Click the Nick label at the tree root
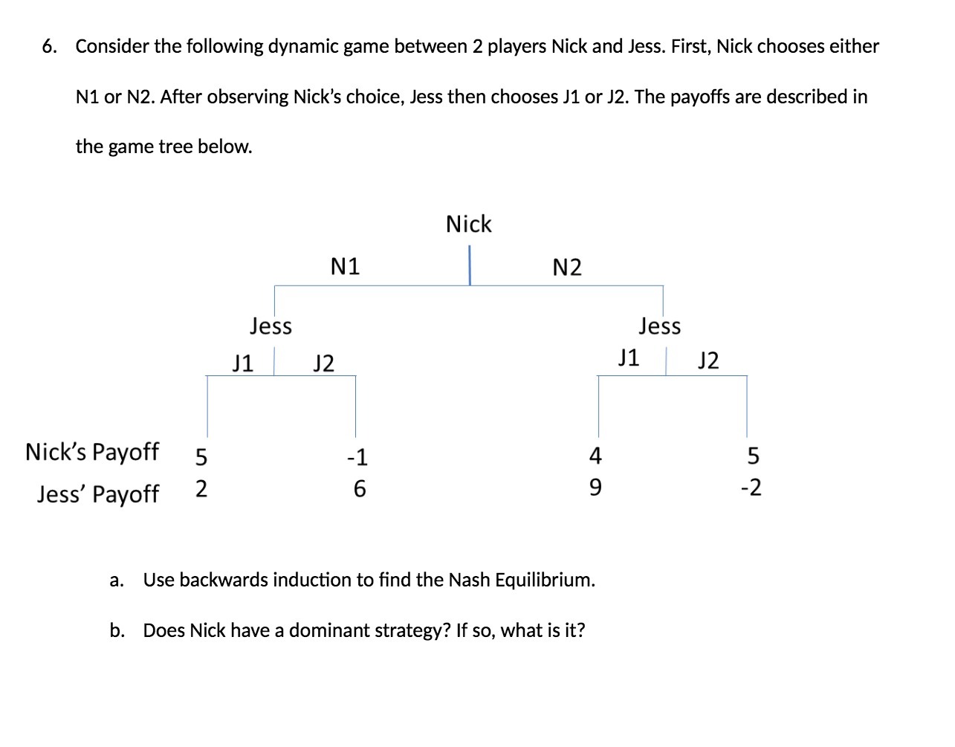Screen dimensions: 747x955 (x=468, y=224)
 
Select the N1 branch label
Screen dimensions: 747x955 (x=345, y=266)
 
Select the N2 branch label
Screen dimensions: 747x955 (x=567, y=268)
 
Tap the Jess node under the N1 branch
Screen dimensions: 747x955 (x=271, y=326)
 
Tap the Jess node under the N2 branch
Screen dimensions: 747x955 (x=659, y=326)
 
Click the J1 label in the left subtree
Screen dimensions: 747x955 (x=242, y=363)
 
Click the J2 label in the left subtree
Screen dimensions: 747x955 (x=323, y=363)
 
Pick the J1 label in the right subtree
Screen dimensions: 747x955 (x=629, y=358)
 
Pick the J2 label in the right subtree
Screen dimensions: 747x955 (x=708, y=360)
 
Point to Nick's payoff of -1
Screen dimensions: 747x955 (x=357, y=456)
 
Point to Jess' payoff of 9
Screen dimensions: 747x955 (x=595, y=488)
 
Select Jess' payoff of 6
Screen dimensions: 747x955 (x=359, y=488)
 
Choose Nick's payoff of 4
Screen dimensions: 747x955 (x=595, y=455)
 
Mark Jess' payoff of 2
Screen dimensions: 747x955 (x=201, y=489)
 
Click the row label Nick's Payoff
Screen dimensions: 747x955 (x=92, y=452)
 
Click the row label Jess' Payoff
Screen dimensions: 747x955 (x=97, y=494)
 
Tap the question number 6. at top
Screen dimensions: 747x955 (x=50, y=46)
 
